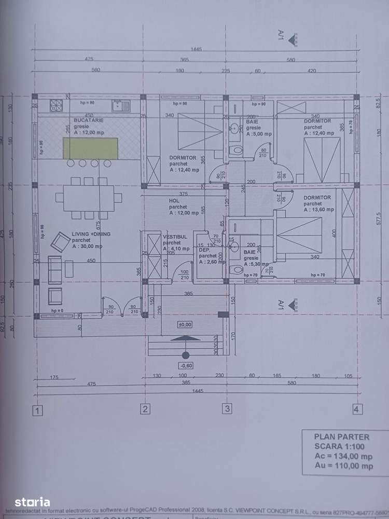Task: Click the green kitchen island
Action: point(90,148)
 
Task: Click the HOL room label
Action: point(174,200)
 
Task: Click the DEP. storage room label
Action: point(204,250)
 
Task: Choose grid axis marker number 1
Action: point(37,410)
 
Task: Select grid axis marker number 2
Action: point(145,409)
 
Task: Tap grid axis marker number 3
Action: point(227,409)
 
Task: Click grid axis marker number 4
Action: point(356,408)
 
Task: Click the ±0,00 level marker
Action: point(184,324)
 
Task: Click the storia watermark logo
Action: point(32,502)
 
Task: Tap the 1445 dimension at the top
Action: point(196,49)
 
